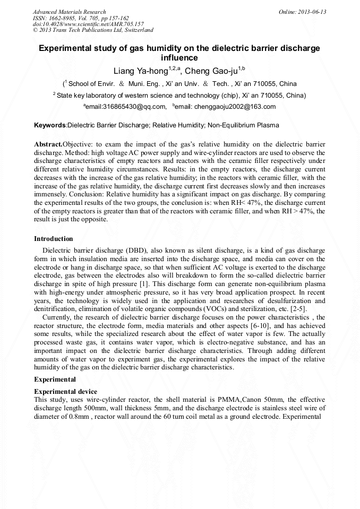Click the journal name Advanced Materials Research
pos(70,12)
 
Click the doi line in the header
pos(88,24)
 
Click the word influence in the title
pos(179,58)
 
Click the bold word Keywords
pos(49,125)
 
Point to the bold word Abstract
pos(48,144)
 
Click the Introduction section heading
pos(54,239)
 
